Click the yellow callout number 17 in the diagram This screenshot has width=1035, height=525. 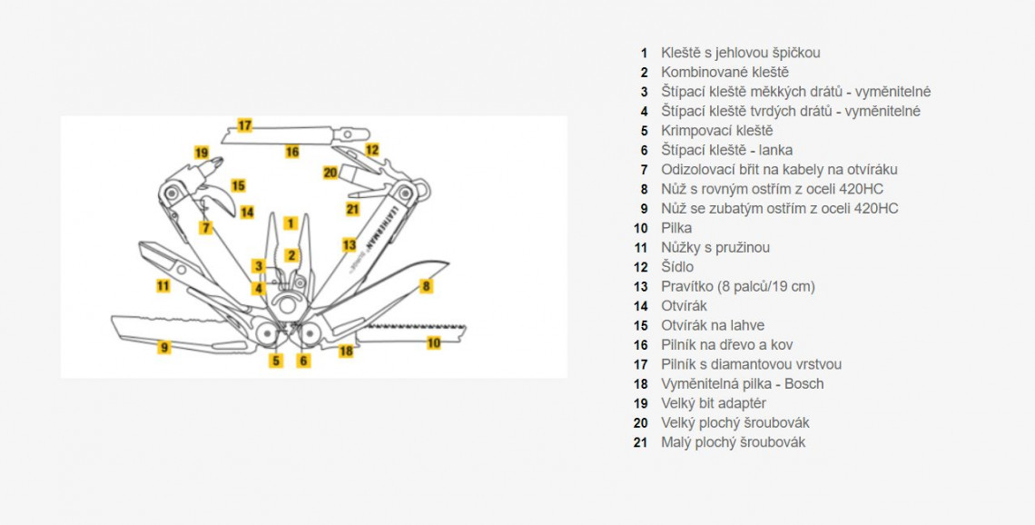click(x=244, y=125)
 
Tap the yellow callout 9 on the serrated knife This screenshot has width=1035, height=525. click(x=164, y=347)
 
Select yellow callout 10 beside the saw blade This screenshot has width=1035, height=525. click(x=434, y=343)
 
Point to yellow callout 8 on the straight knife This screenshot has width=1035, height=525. click(x=426, y=286)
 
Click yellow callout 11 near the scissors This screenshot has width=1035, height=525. click(x=163, y=285)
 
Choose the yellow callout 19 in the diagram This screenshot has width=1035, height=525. click(x=201, y=153)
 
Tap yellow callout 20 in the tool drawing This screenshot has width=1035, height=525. click(x=330, y=172)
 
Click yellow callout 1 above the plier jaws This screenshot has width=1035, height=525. click(x=290, y=223)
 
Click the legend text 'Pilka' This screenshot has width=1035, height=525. click(x=676, y=228)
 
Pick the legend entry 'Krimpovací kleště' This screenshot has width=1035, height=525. click(x=717, y=131)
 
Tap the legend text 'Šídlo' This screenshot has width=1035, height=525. click(x=677, y=267)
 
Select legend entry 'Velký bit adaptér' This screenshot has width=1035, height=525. click(x=714, y=403)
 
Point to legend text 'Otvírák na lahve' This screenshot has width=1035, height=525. click(x=713, y=325)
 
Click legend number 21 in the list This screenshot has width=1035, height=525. click(x=641, y=442)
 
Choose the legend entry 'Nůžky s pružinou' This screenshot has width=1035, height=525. click(x=715, y=247)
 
